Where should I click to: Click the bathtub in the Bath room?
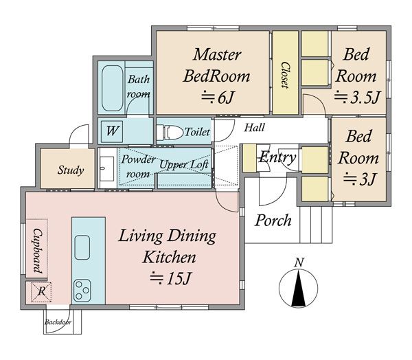112,88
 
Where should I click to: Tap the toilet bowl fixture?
170,132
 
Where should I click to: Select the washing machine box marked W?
112,131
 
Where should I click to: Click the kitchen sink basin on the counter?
82,247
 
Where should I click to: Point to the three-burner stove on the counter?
82,291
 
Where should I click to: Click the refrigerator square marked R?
41,292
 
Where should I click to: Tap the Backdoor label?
58,322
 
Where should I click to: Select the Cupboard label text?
37,251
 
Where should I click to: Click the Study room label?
71,170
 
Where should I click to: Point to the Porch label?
273,220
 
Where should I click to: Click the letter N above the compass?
299,262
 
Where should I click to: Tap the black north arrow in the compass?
299,289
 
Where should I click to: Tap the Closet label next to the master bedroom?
285,75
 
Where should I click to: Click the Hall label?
254,128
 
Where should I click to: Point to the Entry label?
277,158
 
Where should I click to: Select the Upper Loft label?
184,165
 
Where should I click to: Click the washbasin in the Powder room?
107,168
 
